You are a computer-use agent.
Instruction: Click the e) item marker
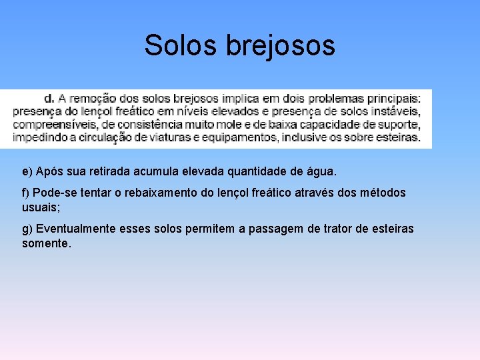pyautogui.click(x=27, y=172)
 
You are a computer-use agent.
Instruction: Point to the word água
pyautogui.click(x=322, y=172)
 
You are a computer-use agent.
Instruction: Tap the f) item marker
pyautogui.click(x=26, y=193)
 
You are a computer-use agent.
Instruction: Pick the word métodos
pyautogui.click(x=383, y=193)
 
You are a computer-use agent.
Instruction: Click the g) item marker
pyautogui.click(x=27, y=229)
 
